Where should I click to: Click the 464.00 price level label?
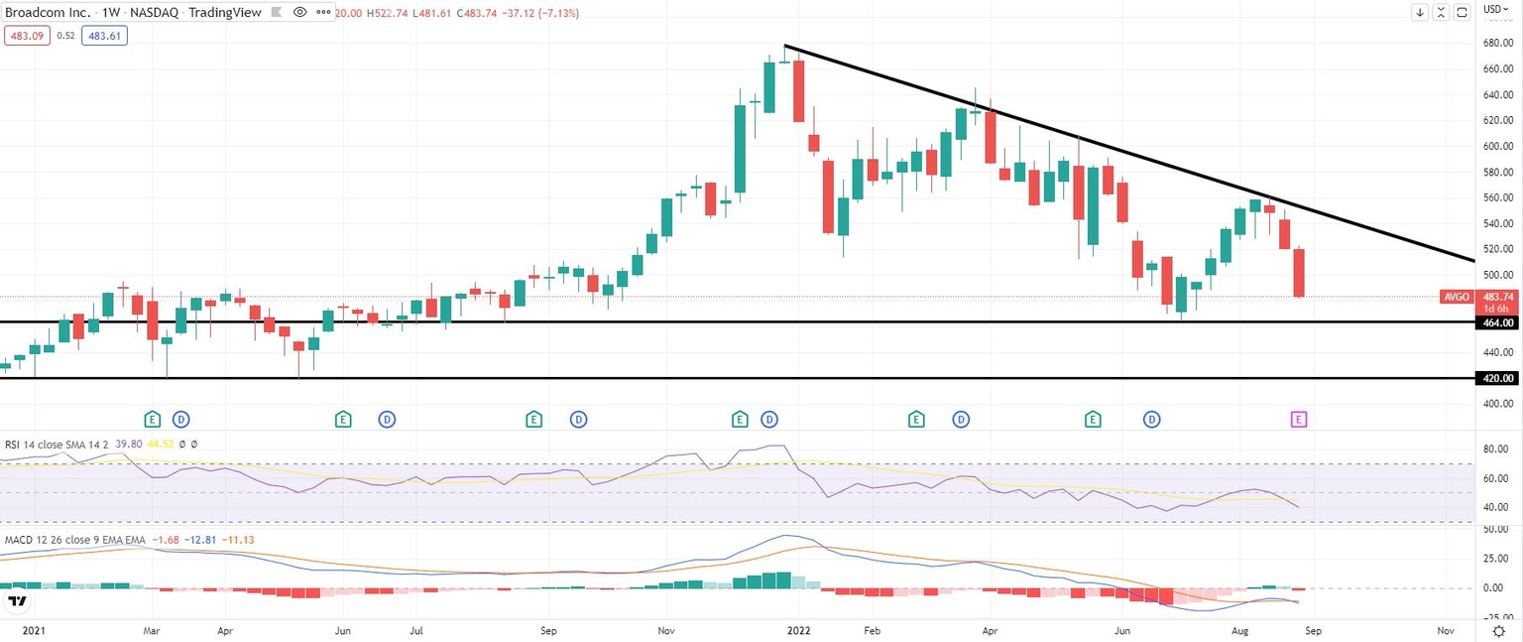[1498, 322]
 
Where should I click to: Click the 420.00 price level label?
[1498, 378]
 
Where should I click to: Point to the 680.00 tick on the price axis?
[1498, 44]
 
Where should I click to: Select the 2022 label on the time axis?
[797, 630]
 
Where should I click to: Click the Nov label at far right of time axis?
[1445, 630]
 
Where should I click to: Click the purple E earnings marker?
[1299, 420]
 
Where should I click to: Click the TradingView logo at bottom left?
[17, 601]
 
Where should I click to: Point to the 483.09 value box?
[24, 35]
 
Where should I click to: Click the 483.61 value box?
[104, 35]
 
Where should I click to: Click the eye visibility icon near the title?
[299, 13]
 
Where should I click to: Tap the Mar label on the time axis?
[152, 630]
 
